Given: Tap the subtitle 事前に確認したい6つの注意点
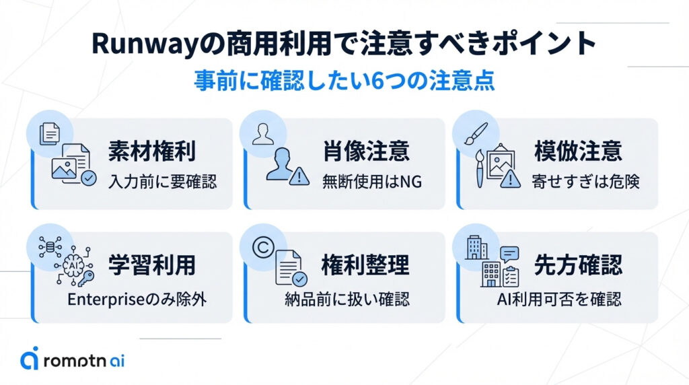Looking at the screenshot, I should (344, 80).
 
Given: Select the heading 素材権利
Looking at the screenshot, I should (151, 151).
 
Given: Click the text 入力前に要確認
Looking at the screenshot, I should (162, 182).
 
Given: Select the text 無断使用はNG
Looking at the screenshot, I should (371, 182).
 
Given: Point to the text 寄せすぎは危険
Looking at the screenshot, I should (584, 182).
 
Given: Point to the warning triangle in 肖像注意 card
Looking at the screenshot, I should (297, 176).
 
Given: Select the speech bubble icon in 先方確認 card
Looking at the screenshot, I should (509, 254).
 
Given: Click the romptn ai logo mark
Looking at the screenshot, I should (29, 359).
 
